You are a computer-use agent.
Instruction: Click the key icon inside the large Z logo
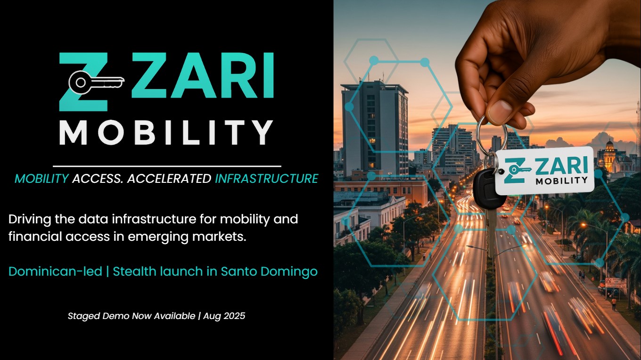coord(96,82)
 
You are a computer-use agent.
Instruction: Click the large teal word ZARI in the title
coord(203,75)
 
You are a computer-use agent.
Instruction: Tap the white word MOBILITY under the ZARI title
coord(166,132)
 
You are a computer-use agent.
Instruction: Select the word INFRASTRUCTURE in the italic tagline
coord(266,179)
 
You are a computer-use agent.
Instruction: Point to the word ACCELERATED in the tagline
coord(169,179)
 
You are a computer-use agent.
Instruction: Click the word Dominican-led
coord(55,271)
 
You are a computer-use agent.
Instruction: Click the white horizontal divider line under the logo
coord(167,166)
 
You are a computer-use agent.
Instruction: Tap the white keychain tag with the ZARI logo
coord(544,171)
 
